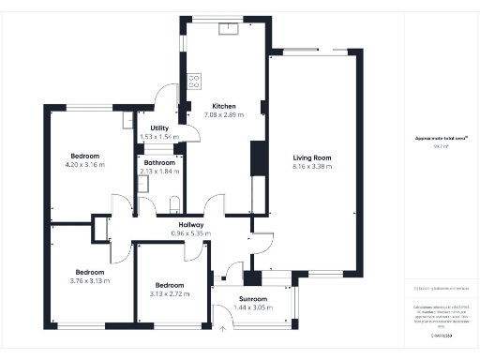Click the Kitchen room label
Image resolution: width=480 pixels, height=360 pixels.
point(223,106)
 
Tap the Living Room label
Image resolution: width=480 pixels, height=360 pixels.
point(311,157)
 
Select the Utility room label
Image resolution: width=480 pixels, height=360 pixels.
point(152,127)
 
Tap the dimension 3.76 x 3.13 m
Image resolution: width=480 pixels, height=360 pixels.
point(90,280)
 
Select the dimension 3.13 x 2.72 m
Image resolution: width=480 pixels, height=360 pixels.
point(170,293)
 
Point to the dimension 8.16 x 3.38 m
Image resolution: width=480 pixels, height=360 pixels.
point(311,167)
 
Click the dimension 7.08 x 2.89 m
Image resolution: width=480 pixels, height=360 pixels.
point(223,114)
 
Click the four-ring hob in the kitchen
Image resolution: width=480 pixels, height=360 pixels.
point(195,81)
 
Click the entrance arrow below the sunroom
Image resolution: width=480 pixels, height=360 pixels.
point(222,327)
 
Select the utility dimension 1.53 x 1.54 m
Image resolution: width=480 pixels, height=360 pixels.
point(152,137)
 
